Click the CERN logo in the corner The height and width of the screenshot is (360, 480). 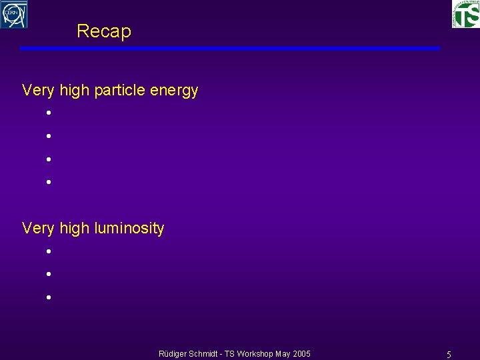click(x=14, y=14)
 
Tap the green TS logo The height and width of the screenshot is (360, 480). click(x=465, y=14)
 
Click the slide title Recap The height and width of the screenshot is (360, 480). click(x=104, y=31)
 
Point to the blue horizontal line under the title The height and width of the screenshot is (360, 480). click(x=229, y=48)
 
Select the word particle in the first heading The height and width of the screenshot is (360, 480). click(x=121, y=90)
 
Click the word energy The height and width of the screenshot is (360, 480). click(x=175, y=91)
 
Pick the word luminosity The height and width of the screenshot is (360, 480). click(x=129, y=229)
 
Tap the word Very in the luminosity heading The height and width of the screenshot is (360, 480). click(x=37, y=229)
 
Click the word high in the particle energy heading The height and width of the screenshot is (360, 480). click(x=74, y=90)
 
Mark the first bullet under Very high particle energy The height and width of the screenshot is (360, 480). click(x=49, y=113)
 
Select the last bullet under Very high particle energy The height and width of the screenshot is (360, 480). click(x=49, y=181)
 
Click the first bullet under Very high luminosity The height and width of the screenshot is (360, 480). click(x=49, y=252)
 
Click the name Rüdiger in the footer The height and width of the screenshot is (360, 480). click(x=173, y=353)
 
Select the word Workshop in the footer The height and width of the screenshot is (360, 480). click(x=260, y=353)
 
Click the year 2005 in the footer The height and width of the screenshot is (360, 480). click(x=302, y=353)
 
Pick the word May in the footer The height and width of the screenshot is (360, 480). click(x=284, y=353)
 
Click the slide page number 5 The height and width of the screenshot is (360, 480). click(x=449, y=354)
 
